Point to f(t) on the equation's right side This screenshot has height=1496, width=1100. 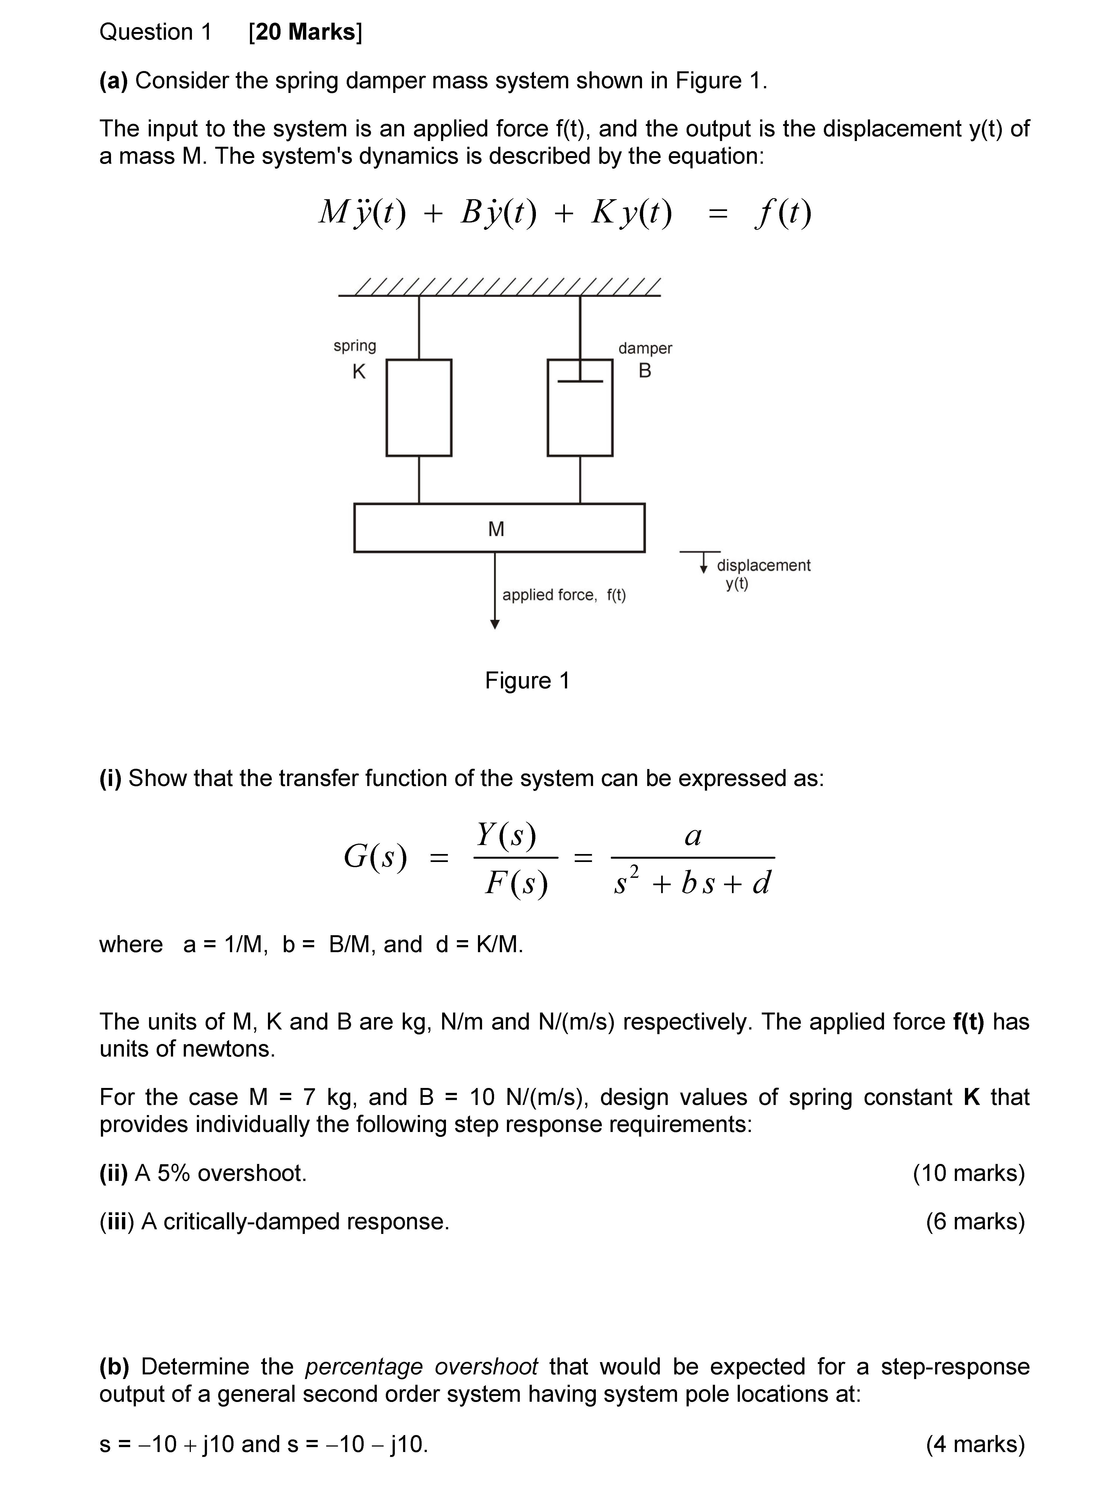click(783, 213)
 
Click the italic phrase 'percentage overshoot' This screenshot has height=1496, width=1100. click(421, 1366)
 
